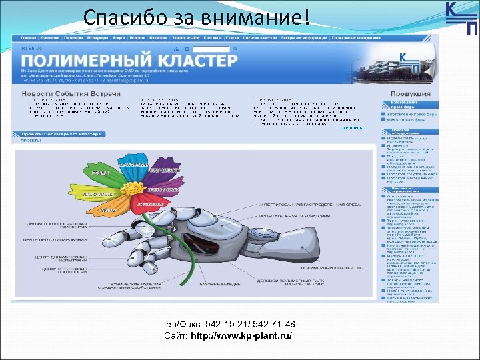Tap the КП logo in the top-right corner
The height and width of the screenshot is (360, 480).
coord(461,18)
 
